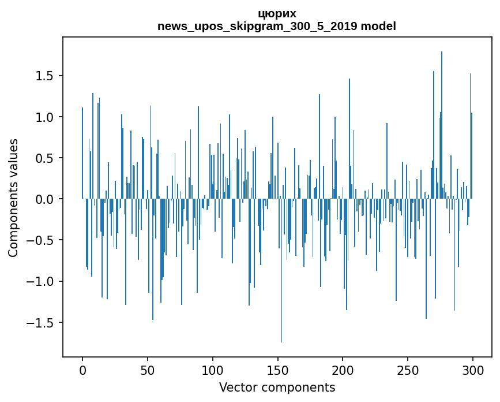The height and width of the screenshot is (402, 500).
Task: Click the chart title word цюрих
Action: tap(277, 14)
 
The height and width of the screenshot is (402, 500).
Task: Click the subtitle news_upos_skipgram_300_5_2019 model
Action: tap(277, 27)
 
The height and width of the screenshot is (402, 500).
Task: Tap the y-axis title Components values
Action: tap(13, 198)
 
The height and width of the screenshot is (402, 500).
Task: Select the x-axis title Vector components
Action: tap(277, 387)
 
